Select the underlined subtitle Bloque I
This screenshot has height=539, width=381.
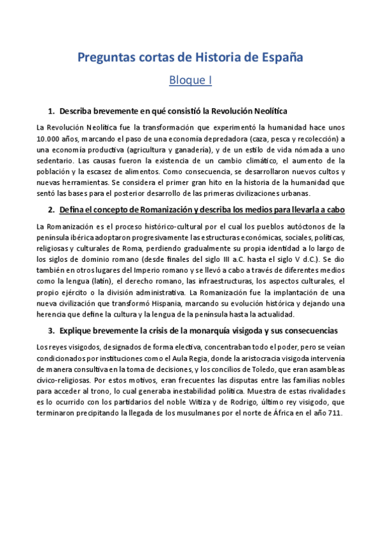tap(190, 81)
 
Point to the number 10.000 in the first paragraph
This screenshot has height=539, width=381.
tap(50, 139)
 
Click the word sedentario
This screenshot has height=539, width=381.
tap(58, 161)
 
